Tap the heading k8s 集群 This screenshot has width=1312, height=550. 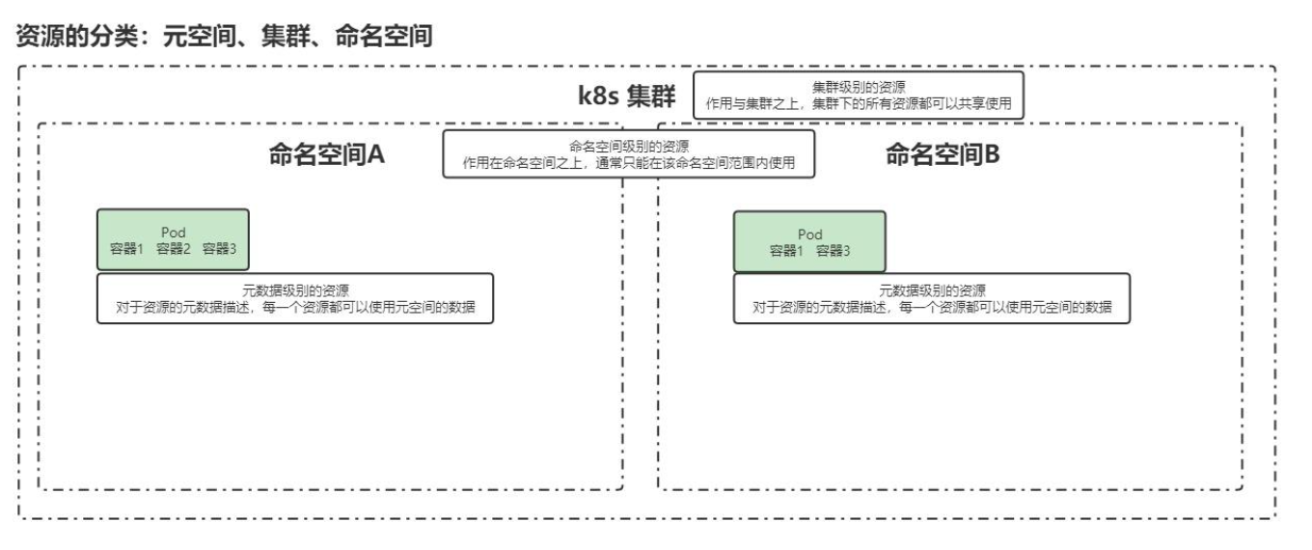point(627,97)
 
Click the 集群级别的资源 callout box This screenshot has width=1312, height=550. point(858,95)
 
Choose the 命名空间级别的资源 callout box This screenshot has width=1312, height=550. point(629,153)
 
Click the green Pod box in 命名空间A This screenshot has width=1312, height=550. point(173,240)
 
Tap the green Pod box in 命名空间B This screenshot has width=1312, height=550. point(809,241)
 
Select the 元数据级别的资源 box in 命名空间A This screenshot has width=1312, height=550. point(295,298)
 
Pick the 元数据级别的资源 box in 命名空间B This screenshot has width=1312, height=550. point(931,298)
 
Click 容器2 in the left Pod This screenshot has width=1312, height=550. point(174,249)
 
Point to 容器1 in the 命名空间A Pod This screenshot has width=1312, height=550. point(127,249)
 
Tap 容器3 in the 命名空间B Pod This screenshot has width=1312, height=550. point(834,251)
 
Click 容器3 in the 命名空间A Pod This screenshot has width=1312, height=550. point(219,249)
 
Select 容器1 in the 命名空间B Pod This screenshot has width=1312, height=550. point(787,251)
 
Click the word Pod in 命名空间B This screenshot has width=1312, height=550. point(810,234)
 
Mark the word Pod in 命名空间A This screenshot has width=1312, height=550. point(174,233)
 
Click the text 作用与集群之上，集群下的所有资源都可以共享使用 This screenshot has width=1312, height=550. point(859,103)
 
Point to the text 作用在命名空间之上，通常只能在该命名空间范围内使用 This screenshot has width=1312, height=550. point(629,162)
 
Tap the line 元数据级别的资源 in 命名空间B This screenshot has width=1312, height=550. point(932,290)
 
